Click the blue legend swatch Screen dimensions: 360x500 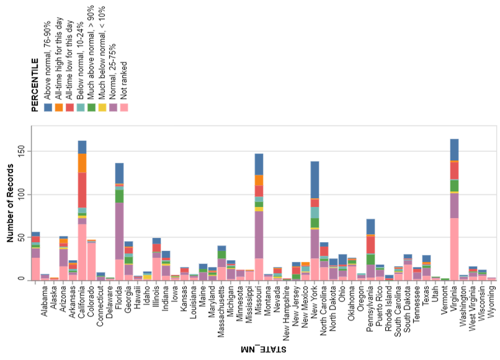coord(48,107)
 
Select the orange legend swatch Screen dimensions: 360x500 coord(59,107)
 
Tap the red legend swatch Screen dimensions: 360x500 coord(69,107)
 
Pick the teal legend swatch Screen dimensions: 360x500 coord(80,107)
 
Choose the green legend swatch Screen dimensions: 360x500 coord(91,107)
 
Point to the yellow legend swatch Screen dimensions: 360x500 coord(102,107)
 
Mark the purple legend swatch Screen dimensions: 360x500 coord(113,107)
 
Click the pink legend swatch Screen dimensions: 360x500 coord(124,107)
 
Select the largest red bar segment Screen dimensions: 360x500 coord(82,190)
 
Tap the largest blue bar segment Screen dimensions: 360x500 coord(315,179)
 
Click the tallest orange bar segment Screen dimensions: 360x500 coord(82,163)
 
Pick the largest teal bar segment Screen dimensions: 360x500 coord(315,212)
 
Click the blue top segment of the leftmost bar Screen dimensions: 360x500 coord(36,234)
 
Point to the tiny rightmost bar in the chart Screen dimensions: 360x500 coord(492,279)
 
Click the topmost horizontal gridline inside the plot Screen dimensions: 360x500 coord(264,151)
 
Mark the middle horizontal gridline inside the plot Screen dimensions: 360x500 coord(264,195)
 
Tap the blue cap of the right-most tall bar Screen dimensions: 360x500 coord(454,149)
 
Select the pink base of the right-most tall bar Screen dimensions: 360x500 coord(454,249)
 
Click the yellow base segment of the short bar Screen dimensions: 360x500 coord(147,277)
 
